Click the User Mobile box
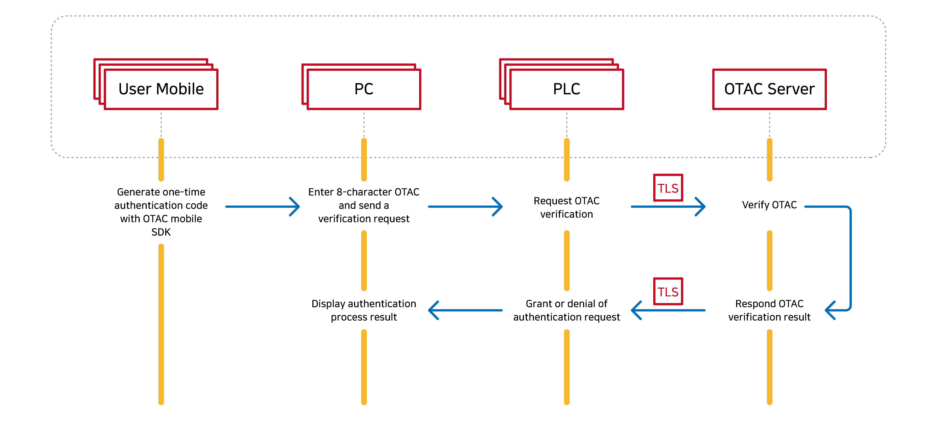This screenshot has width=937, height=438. click(161, 89)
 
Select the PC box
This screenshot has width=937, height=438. click(364, 89)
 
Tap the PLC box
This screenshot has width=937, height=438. click(566, 89)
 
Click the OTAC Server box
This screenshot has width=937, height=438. click(769, 89)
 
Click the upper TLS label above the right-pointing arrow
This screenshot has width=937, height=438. click(668, 188)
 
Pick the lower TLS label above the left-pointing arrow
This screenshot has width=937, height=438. click(668, 291)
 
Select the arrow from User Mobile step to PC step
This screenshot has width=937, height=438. click(262, 207)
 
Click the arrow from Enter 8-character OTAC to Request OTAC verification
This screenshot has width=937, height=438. click(465, 207)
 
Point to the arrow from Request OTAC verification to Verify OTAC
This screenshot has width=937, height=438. click(668, 207)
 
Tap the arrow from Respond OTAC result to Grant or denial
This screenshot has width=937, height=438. click(668, 310)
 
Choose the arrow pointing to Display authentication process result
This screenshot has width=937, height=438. click(465, 310)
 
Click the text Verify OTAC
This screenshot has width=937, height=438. click(769, 205)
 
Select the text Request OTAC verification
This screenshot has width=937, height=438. click(566, 207)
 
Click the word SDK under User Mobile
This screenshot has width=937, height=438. click(161, 232)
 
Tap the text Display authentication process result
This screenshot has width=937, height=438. click(364, 310)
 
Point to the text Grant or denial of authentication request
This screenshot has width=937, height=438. click(566, 310)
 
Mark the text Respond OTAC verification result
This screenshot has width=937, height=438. click(769, 310)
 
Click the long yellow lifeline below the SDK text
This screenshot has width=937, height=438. click(161, 324)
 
